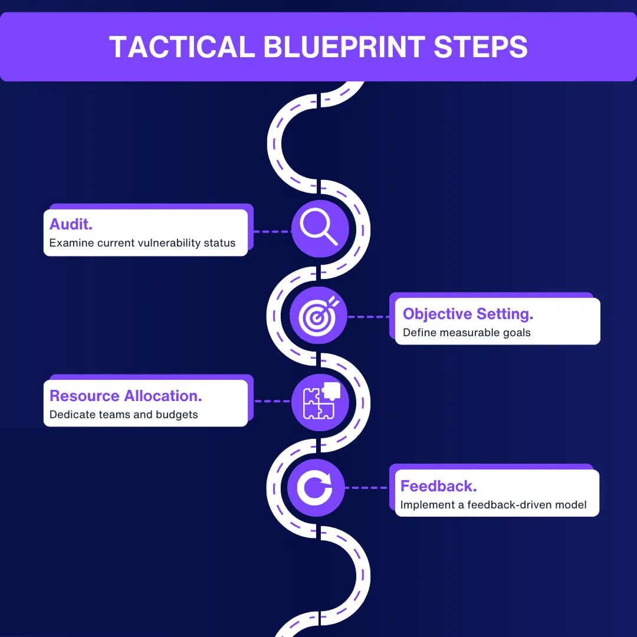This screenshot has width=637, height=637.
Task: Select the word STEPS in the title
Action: pyautogui.click(x=481, y=47)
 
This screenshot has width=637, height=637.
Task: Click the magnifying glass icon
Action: pyautogui.click(x=319, y=228)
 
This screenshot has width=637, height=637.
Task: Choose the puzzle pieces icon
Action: pyautogui.click(x=320, y=401)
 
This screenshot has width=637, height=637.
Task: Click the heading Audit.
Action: pyautogui.click(x=71, y=224)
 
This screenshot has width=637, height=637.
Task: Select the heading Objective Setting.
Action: pyautogui.click(x=468, y=314)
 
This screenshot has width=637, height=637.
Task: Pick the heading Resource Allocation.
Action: pyautogui.click(x=126, y=396)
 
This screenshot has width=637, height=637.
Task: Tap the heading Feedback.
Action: pyautogui.click(x=439, y=486)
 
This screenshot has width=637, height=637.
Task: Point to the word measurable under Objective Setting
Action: pyautogui.click(x=468, y=333)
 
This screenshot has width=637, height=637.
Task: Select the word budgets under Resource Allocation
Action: pyautogui.click(x=177, y=415)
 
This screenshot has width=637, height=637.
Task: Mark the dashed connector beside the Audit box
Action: pyautogui.click(x=272, y=232)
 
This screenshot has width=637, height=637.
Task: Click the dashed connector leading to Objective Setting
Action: pyautogui.click(x=369, y=317)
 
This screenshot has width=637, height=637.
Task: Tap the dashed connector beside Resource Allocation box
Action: pyautogui.click(x=272, y=402)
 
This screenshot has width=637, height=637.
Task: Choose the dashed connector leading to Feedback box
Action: pyautogui.click(x=366, y=488)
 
